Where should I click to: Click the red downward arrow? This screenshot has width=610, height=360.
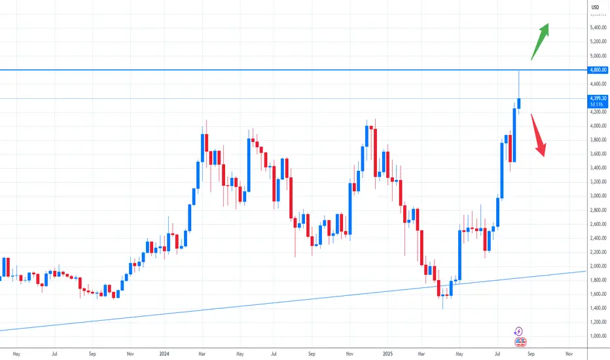(x=538, y=135)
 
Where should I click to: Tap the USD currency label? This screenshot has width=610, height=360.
(x=595, y=7)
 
